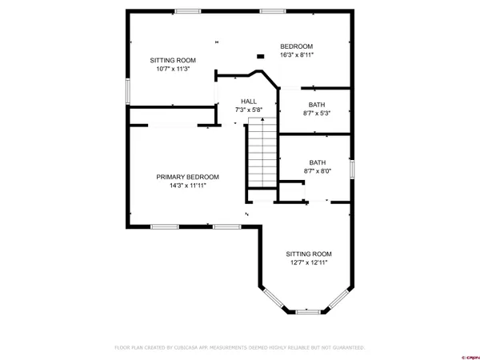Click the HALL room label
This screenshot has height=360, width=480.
(x=248, y=101)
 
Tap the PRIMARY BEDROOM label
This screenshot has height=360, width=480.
(x=187, y=177)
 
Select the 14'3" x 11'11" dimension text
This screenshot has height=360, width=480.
(x=187, y=186)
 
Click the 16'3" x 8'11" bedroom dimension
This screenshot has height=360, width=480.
(x=296, y=55)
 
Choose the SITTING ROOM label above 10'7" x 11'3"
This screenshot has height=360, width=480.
(x=173, y=60)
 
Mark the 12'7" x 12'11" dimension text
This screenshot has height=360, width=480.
(x=308, y=262)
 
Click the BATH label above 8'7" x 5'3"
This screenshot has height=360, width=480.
(x=318, y=105)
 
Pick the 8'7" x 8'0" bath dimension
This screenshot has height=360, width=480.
(x=318, y=170)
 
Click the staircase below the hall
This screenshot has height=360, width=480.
(x=260, y=152)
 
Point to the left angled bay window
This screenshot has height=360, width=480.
(x=273, y=298)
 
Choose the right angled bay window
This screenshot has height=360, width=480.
(x=339, y=298)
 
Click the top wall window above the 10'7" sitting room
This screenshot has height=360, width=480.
(x=188, y=10)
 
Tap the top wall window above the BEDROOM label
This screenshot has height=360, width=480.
(x=272, y=10)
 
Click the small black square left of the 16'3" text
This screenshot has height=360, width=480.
(x=259, y=56)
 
